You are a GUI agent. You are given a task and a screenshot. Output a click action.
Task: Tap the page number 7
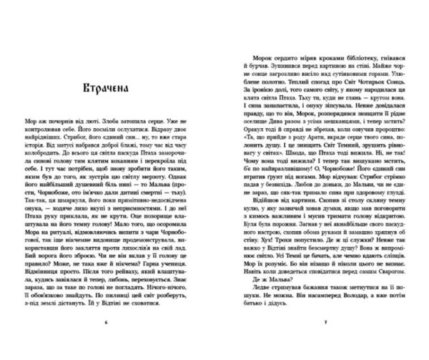[x=325, y=323]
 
